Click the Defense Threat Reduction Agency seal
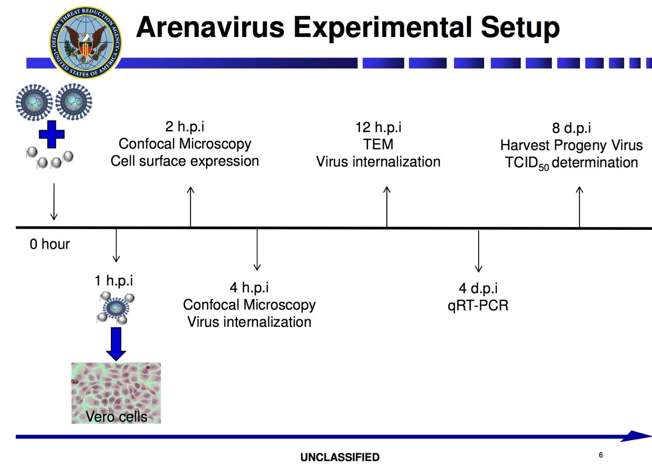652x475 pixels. (x=86, y=42)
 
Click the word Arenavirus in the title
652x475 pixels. (x=210, y=27)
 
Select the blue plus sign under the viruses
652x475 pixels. (x=52, y=134)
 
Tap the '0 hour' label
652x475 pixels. (x=50, y=244)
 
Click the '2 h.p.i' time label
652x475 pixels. (x=185, y=126)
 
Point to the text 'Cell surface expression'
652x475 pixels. (x=185, y=161)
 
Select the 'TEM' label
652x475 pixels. (x=378, y=144)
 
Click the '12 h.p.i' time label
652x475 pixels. (x=378, y=127)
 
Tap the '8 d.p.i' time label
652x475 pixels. (x=572, y=128)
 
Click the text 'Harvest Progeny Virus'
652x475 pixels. (x=572, y=145)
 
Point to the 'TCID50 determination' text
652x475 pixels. (x=572, y=163)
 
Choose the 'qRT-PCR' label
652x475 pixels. (x=478, y=306)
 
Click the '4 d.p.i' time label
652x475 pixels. (x=478, y=288)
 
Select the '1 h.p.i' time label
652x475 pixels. (x=114, y=281)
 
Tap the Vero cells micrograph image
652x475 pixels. (x=116, y=393)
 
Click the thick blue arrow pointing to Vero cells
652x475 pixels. (x=116, y=344)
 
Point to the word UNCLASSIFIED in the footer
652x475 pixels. (x=340, y=457)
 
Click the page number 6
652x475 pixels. (x=601, y=455)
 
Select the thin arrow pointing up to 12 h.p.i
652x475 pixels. (x=387, y=207)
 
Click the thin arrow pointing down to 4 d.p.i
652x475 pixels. (x=479, y=251)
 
